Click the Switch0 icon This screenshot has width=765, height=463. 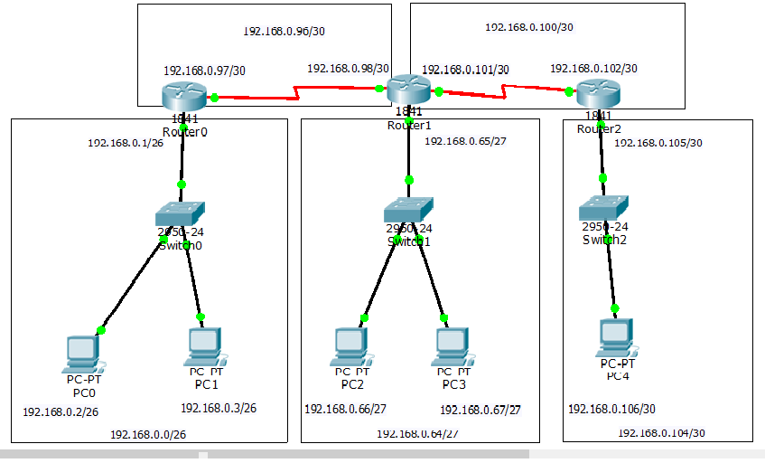180,214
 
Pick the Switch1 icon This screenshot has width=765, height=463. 408,211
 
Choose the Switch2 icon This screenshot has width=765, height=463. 603,208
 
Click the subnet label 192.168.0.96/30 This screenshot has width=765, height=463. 284,32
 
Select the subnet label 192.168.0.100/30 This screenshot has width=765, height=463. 528,27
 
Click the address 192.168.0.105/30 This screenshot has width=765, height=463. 658,143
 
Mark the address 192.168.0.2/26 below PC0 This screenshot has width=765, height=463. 61,412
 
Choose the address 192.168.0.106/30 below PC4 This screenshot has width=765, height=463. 611,410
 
